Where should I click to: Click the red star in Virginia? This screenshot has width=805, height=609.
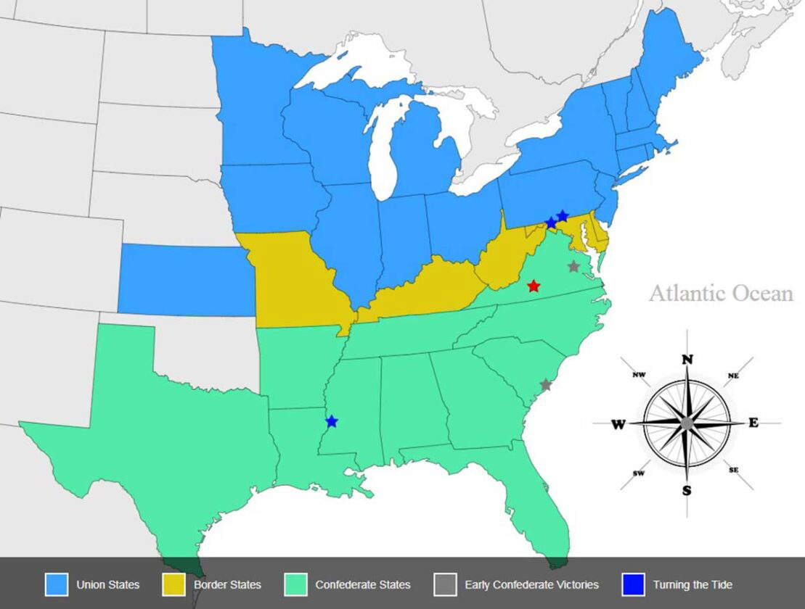(534, 286)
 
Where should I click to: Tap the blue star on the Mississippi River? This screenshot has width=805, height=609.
(332, 421)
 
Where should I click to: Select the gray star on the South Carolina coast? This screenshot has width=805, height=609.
(546, 385)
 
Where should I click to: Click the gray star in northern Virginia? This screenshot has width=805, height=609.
(573, 266)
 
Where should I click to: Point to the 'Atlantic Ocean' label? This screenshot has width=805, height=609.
(720, 294)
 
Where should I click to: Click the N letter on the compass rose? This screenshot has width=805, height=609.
(687, 360)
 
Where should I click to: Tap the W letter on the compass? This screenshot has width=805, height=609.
(618, 424)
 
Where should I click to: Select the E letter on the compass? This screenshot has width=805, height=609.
(753, 423)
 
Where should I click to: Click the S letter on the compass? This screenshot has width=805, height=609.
(687, 491)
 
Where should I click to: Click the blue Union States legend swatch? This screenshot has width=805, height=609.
(57, 584)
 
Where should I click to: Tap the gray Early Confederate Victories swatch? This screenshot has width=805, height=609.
(445, 584)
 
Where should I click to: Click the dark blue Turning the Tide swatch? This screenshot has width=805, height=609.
(633, 584)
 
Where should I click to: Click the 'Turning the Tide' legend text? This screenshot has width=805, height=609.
(692, 584)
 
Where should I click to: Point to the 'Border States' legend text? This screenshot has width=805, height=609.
(227, 584)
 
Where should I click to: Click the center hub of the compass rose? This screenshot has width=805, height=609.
(687, 423)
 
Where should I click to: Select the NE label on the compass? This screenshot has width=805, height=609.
(733, 376)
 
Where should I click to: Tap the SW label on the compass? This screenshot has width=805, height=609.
(639, 473)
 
